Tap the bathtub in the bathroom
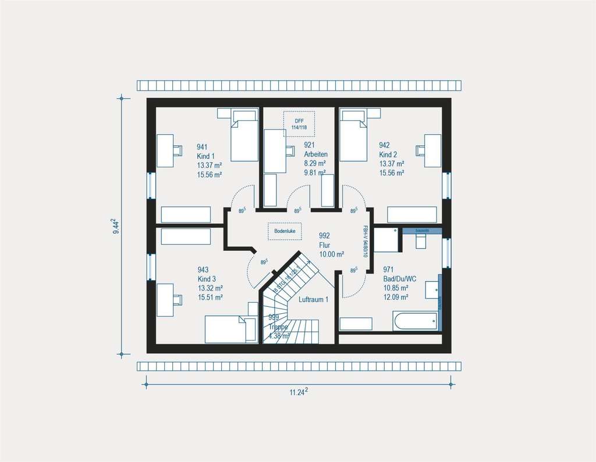415,321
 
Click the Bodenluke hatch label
285,231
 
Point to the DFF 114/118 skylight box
299,124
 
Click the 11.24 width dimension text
298,392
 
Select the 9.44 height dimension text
117,225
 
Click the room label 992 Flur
325,241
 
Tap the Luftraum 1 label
314,300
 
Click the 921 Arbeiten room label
315,150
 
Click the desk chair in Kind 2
421,151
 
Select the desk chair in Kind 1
177,151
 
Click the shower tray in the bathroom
385,239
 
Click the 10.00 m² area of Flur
332,254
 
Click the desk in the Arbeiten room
275,151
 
